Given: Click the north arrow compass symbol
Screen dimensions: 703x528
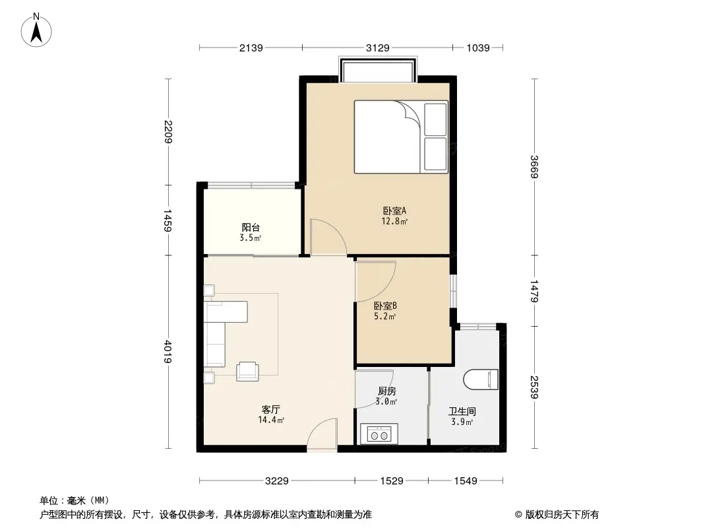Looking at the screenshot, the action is pos(36,30).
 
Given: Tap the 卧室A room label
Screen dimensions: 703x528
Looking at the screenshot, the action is pos(394,211).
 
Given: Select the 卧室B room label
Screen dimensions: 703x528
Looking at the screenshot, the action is pos(386,306).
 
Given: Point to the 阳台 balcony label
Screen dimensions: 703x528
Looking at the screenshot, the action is pos(251,228).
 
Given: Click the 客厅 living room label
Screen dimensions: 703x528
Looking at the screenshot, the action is pos(271,410).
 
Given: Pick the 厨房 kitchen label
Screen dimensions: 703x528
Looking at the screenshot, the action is pos(386,391).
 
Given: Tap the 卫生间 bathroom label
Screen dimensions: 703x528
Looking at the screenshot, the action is pos(462,411).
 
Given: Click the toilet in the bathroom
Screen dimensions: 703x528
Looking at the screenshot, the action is pos(481,379).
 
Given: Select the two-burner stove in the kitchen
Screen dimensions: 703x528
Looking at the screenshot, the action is pos(379,434).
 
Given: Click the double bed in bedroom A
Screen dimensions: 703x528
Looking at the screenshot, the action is pos(401,137).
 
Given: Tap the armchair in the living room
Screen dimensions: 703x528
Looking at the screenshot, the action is pos(247,371).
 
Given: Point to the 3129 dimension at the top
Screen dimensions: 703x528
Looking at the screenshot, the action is pos(377,48).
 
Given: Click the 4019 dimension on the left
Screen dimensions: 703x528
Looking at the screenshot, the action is pos(168,351).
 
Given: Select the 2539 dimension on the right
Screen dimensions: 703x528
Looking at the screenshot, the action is pos(534,387).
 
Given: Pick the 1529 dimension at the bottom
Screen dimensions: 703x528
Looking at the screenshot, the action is pos(392,481).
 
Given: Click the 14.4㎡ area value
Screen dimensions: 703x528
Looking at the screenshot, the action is pos(271,420).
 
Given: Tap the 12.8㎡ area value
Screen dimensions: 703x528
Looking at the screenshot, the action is pos(394,221).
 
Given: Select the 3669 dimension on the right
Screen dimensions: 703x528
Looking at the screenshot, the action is pos(534,166).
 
